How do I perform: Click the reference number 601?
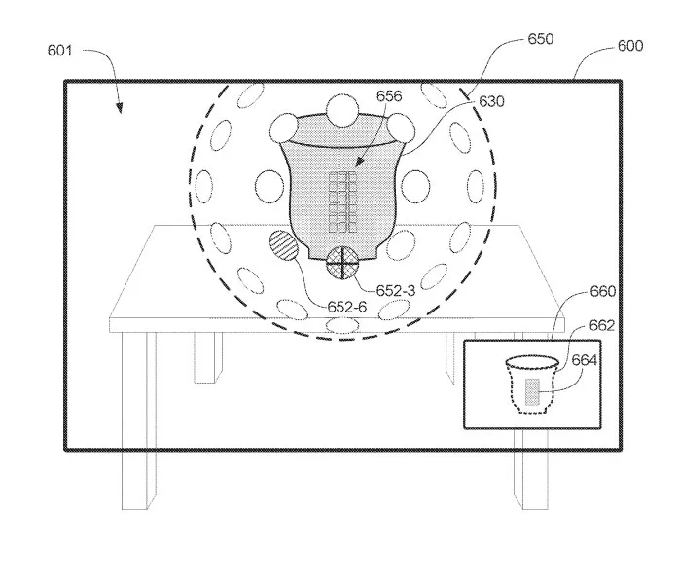[59, 51]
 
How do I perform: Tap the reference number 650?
[541, 39]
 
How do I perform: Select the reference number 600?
[630, 46]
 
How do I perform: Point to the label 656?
[389, 96]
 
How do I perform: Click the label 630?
[491, 101]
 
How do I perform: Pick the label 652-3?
[396, 291]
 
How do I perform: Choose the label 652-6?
[347, 307]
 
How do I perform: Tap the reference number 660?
[603, 292]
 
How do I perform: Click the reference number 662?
[602, 325]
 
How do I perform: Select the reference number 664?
[585, 360]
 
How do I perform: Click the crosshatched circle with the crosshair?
[342, 263]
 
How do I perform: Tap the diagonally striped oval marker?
[284, 245]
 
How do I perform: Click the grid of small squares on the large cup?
[342, 202]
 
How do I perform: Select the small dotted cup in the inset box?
[532, 385]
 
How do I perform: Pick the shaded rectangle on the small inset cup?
[532, 392]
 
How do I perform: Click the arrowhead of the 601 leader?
[121, 110]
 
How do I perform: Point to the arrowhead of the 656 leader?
[358, 164]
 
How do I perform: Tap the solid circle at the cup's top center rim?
[342, 110]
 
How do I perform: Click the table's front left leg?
[138, 421]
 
